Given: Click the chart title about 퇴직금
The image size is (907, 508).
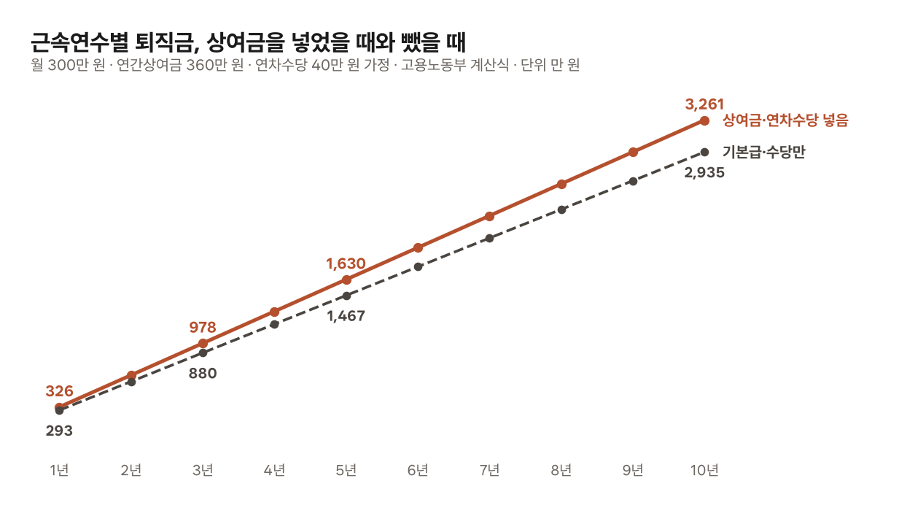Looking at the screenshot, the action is point(248,42).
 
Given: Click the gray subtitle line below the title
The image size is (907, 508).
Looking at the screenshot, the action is point(305,65).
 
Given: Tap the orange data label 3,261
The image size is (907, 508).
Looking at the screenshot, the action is point(704,104).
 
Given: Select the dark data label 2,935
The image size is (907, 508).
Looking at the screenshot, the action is point(704,173).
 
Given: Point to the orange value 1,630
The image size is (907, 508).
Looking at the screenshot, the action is point(346,264).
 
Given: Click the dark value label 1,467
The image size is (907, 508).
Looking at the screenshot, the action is point(346,316).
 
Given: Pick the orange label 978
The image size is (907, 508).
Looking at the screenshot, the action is point(203,327).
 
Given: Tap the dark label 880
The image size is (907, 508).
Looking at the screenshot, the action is point(203,374).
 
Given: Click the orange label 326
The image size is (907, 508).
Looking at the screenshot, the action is point(59,391).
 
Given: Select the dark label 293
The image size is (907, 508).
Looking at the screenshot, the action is point(59,431).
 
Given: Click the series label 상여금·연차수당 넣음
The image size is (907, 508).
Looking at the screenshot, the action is point(785,120).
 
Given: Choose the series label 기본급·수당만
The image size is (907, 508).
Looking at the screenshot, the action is point(763,152).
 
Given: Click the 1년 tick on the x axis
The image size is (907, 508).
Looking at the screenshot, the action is point(59,470).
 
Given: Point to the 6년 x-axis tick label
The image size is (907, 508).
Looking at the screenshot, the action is point(418,470).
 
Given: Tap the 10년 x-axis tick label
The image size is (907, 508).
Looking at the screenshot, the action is point(704,470).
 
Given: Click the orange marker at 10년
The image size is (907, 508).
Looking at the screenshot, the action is point(704,121).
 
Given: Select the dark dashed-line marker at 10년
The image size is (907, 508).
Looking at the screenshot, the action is point(704,152).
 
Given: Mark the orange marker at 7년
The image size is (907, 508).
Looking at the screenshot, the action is point(489,217).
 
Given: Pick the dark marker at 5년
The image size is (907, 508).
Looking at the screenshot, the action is point(346,296).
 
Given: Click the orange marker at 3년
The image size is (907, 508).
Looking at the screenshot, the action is point(203,344).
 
